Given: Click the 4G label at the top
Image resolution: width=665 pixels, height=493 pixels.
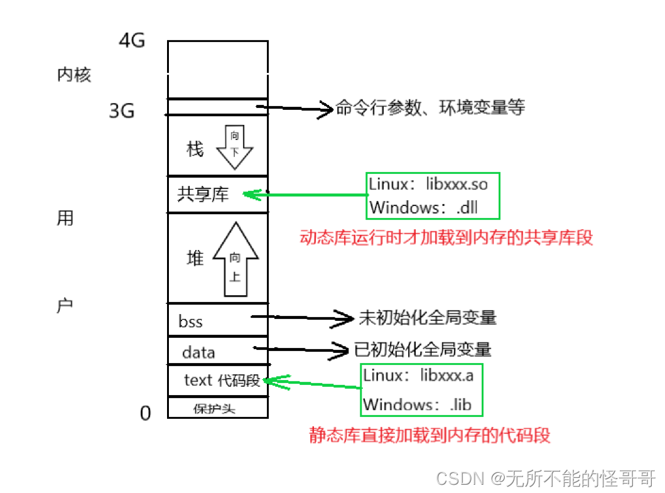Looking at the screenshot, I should tap(132, 41).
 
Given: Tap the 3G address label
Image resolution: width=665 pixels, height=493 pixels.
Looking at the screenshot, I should tap(122, 111).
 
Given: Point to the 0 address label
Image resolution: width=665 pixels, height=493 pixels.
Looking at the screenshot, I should tap(145, 413).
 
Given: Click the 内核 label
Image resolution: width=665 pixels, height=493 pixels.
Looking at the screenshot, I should tap(74, 75).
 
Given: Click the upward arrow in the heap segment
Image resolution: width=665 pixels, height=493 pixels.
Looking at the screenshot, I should tap(235, 259).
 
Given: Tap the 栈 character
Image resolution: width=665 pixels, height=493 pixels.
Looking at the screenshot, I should tap(195, 149).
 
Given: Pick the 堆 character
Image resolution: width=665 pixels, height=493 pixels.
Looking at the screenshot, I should tap(195, 258).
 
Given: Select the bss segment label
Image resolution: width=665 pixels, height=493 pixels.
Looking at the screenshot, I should tap(190, 322).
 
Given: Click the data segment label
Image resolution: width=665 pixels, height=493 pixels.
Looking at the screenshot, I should tap(198, 352).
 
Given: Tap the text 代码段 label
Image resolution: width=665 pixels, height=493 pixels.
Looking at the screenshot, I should tap(222, 381).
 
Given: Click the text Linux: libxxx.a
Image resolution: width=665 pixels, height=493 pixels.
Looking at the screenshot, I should tap(418, 376).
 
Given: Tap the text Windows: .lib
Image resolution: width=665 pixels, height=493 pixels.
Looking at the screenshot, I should tap(417, 404).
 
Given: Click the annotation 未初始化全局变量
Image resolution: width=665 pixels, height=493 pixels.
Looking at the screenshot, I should tap(427, 318).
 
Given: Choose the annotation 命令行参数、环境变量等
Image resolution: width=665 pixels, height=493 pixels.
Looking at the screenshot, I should tap(430, 108).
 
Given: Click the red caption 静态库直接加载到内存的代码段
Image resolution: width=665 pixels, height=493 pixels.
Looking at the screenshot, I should tap(430, 435).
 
